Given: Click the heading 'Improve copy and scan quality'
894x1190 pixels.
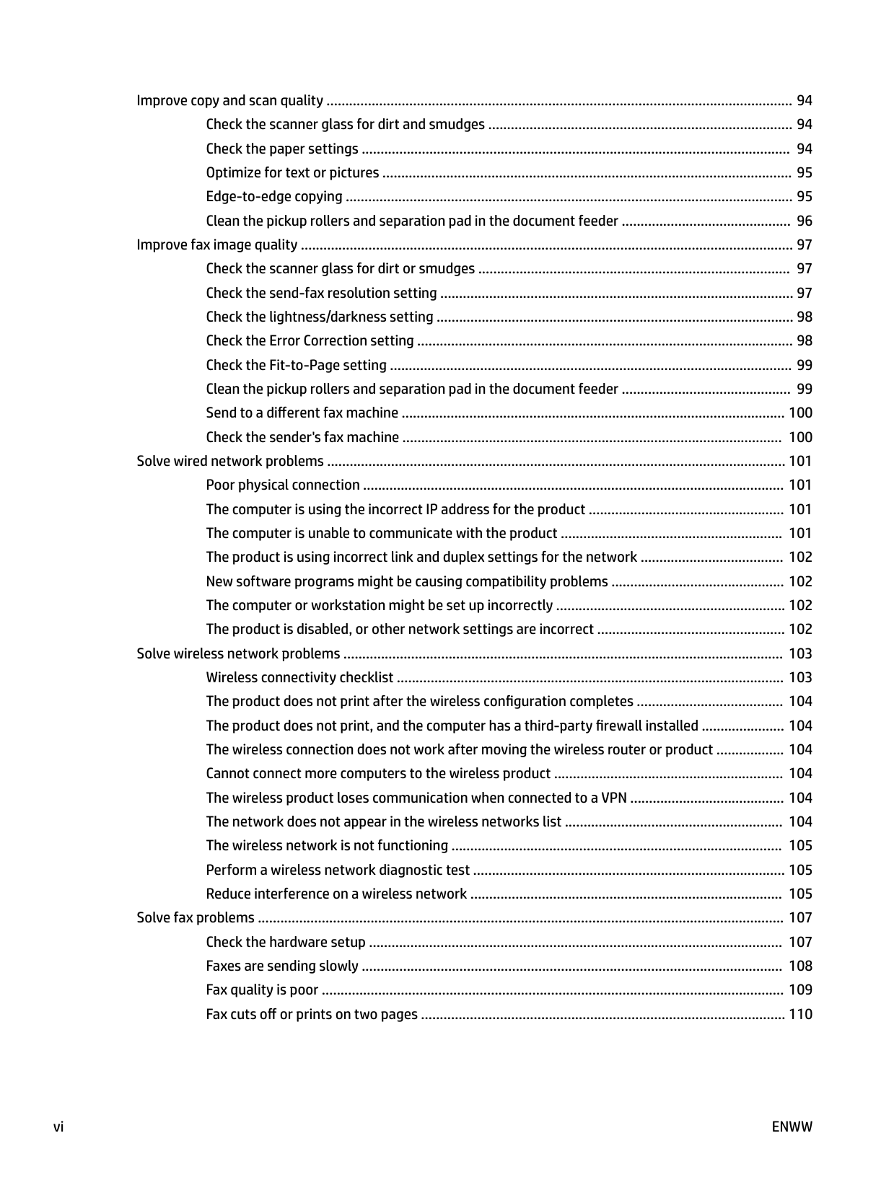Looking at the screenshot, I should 229,100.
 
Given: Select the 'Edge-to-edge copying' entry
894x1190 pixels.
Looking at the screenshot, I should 274,196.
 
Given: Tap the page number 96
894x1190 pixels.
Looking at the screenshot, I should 804,221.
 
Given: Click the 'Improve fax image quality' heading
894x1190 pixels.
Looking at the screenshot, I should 216,244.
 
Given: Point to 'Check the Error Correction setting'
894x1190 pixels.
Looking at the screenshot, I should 310,340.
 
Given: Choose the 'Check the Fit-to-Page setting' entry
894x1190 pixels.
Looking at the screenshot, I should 296,365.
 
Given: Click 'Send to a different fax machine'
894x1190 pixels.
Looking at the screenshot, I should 302,413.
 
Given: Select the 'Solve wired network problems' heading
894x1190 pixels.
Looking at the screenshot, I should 230,461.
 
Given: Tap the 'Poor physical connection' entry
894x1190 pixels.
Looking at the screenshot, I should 283,485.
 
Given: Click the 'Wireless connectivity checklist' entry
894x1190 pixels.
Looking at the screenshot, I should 299,677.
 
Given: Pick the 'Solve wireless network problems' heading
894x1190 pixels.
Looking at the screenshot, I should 238,653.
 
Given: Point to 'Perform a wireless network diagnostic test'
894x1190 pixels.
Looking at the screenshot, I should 338,870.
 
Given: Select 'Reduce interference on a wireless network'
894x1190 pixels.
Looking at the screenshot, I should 336,894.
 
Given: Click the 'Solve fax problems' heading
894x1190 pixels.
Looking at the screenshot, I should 196,917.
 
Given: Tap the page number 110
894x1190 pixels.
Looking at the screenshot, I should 800,1014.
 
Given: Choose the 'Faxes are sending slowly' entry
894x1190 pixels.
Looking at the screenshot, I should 282,966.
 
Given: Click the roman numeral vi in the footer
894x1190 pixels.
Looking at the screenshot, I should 58,1127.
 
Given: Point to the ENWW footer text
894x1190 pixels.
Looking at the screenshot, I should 792,1127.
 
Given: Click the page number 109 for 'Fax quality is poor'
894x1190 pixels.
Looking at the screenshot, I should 800,990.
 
